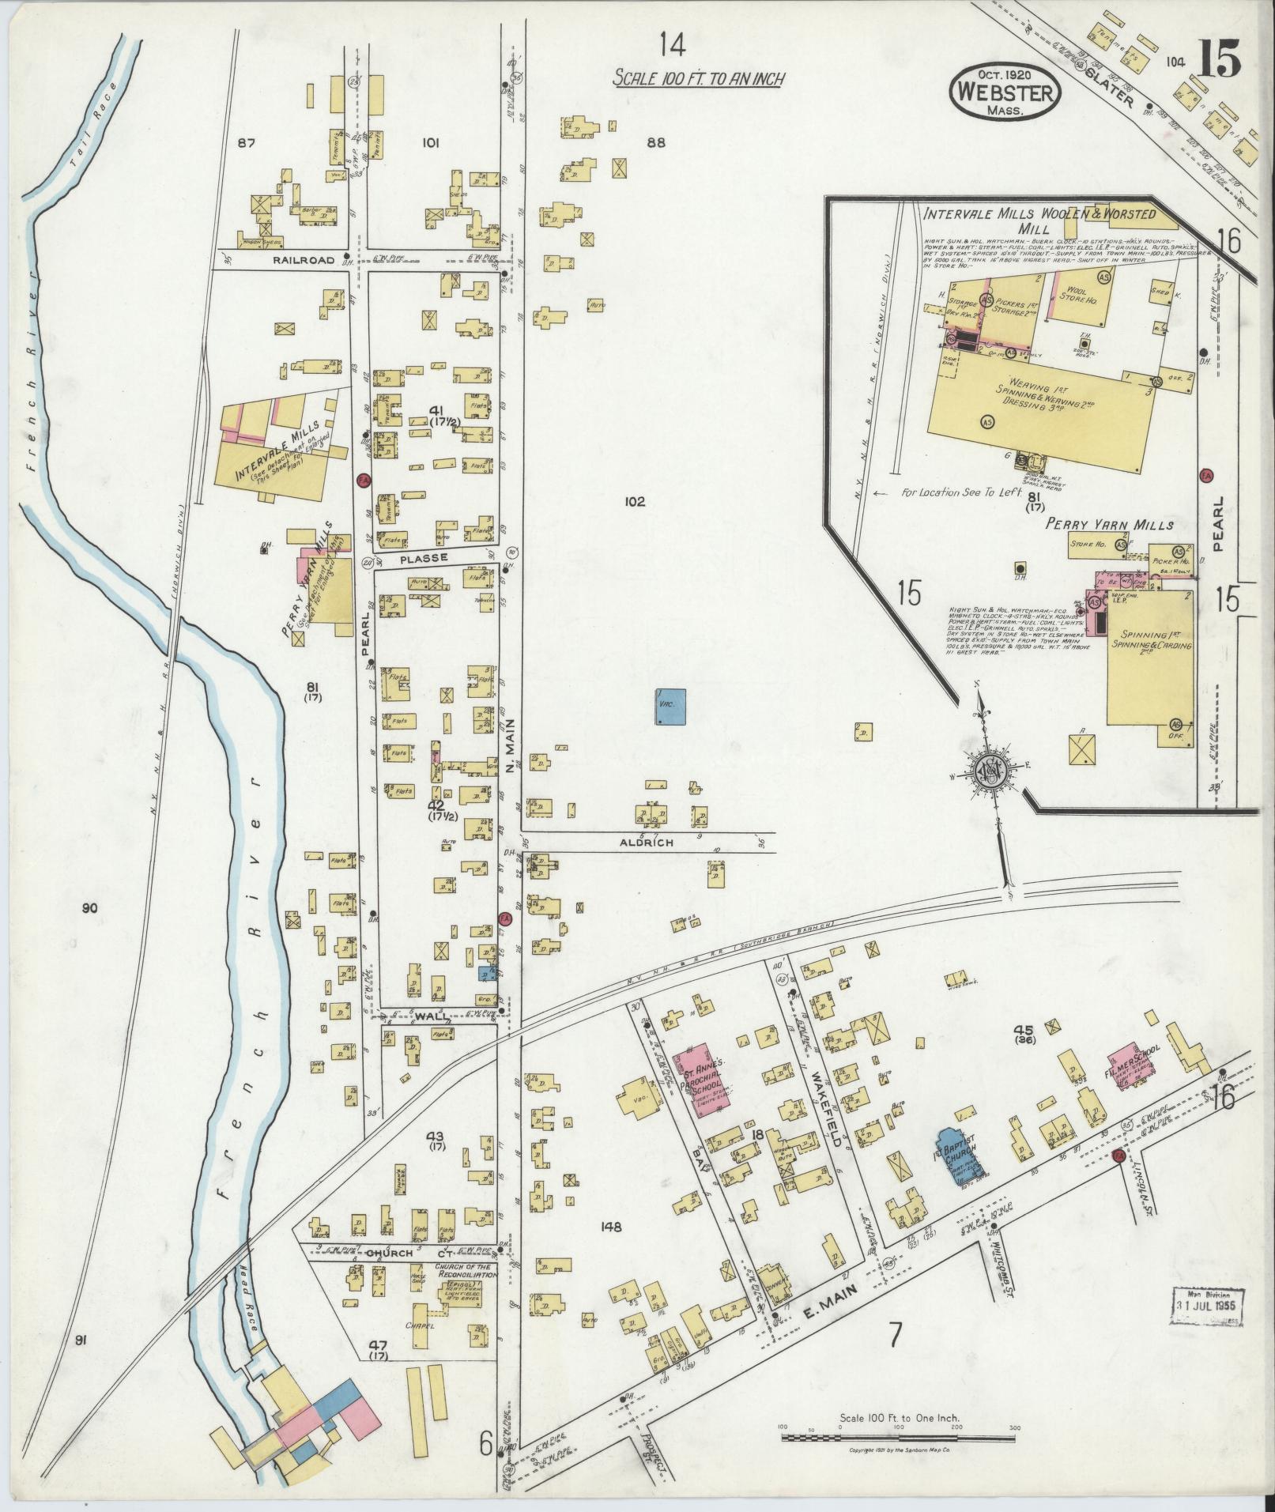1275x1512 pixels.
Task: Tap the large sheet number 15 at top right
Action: (1218, 60)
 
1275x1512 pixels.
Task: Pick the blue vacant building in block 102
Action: (670, 707)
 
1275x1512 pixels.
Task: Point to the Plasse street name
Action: (424, 558)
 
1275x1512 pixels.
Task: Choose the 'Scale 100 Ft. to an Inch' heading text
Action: (699, 79)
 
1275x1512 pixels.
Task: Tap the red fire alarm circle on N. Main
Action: (506, 918)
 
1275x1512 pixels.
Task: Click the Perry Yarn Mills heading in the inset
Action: (1109, 524)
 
